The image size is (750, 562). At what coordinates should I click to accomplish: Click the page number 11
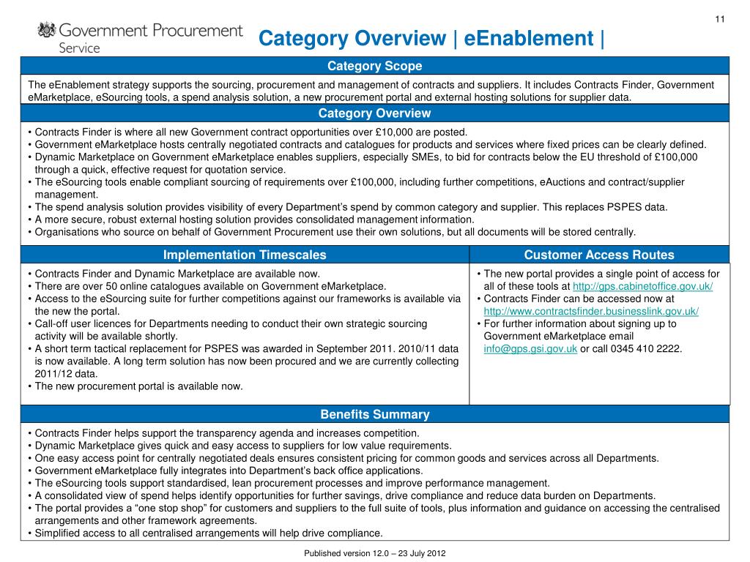tap(719, 18)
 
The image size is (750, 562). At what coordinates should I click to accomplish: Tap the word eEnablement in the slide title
tap(519, 38)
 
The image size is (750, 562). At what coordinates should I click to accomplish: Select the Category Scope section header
tap(374, 66)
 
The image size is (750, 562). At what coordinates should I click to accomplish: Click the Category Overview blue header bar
tap(374, 113)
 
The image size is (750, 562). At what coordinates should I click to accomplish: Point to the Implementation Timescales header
tap(245, 255)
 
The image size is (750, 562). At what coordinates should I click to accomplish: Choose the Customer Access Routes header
tap(599, 255)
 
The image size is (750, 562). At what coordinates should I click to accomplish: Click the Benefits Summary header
tap(374, 415)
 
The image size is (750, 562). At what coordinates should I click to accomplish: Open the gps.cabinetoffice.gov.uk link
tap(642, 286)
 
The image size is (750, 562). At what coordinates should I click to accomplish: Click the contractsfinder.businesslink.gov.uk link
tap(591, 311)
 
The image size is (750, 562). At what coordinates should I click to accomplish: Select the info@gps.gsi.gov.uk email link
tap(530, 348)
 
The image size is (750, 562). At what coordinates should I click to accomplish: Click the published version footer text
tap(374, 553)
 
